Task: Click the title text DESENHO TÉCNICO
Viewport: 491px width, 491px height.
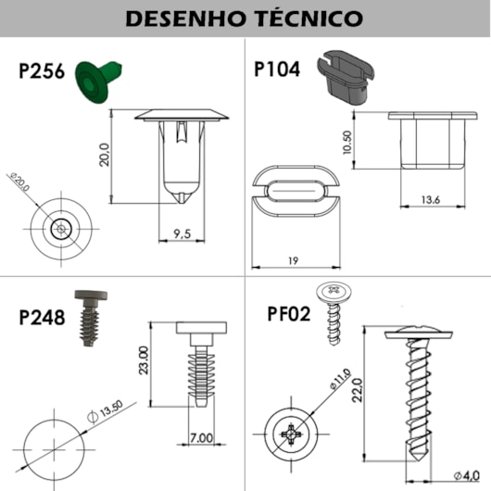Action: pos(245,18)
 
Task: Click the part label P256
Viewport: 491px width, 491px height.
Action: pos(43,72)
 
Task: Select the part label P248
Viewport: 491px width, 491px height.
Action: pos(43,318)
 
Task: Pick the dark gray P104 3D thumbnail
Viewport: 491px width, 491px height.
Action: pos(345,76)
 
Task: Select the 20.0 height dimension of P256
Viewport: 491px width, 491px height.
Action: pos(104,154)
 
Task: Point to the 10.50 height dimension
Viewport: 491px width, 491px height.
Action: pos(347,143)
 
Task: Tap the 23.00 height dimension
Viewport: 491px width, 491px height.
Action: pos(143,359)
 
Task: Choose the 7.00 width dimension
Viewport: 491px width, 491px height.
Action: pos(201,437)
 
